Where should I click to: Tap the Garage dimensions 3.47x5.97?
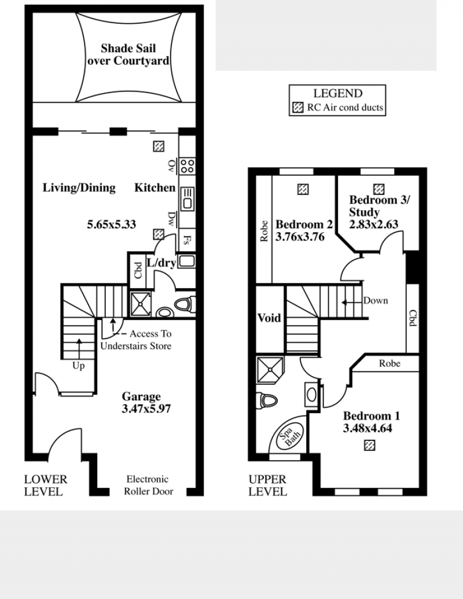coord(146,409)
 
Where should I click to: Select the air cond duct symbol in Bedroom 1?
coord(369,446)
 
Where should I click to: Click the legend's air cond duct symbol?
coord(298,107)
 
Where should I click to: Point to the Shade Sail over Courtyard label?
coord(128,54)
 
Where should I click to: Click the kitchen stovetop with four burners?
coord(187,166)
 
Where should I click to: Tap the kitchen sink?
coord(187,199)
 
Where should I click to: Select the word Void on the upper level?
coord(269,318)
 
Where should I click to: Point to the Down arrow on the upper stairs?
coord(351,303)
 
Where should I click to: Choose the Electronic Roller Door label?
coord(148,485)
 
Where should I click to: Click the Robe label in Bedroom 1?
coord(389,363)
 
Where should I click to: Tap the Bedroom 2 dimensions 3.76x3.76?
coord(300,237)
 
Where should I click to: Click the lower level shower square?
coord(141,304)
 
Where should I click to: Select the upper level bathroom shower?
coord(270,370)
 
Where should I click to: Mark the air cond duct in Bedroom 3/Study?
coord(379,189)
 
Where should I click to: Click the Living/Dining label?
coord(79,188)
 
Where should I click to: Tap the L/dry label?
coord(161,263)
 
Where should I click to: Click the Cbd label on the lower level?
coord(138,270)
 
